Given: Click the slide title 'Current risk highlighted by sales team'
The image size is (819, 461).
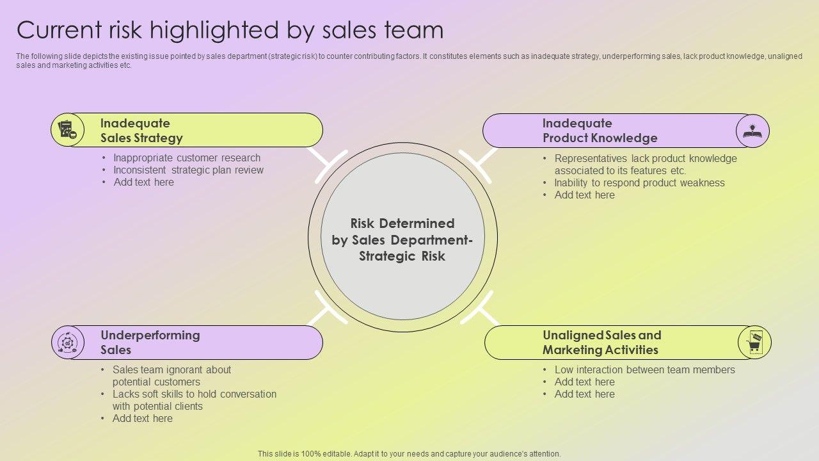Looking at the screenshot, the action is tap(230, 30).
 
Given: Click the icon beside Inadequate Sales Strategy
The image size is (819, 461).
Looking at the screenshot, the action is tap(67, 129).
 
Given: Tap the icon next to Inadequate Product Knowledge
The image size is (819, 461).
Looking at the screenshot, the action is tap(752, 131).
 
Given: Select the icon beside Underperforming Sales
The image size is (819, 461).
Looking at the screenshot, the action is tap(67, 343).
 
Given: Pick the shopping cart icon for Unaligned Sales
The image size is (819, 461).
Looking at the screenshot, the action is tap(754, 343).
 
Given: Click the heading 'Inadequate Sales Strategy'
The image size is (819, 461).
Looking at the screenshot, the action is tap(141, 131).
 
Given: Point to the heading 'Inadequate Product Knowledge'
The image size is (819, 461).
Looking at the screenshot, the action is tap(600, 131).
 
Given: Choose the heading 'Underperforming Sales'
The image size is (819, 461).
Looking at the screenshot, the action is tap(150, 343).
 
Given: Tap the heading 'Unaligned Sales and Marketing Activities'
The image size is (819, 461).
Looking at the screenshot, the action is tap(601, 343).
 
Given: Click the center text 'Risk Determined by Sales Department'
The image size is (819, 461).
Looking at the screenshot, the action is tap(402, 239).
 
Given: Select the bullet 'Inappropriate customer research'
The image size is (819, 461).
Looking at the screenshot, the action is tap(187, 158).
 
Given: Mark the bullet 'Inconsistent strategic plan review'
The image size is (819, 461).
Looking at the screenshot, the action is tap(188, 170).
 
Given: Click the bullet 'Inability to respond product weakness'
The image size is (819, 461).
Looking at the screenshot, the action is tap(639, 182).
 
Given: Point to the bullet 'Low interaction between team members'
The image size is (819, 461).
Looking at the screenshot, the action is tap(644, 369).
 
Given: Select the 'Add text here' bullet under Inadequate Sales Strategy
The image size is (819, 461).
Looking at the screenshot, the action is tap(143, 182).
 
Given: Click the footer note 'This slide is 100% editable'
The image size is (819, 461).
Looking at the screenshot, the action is tap(409, 453).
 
